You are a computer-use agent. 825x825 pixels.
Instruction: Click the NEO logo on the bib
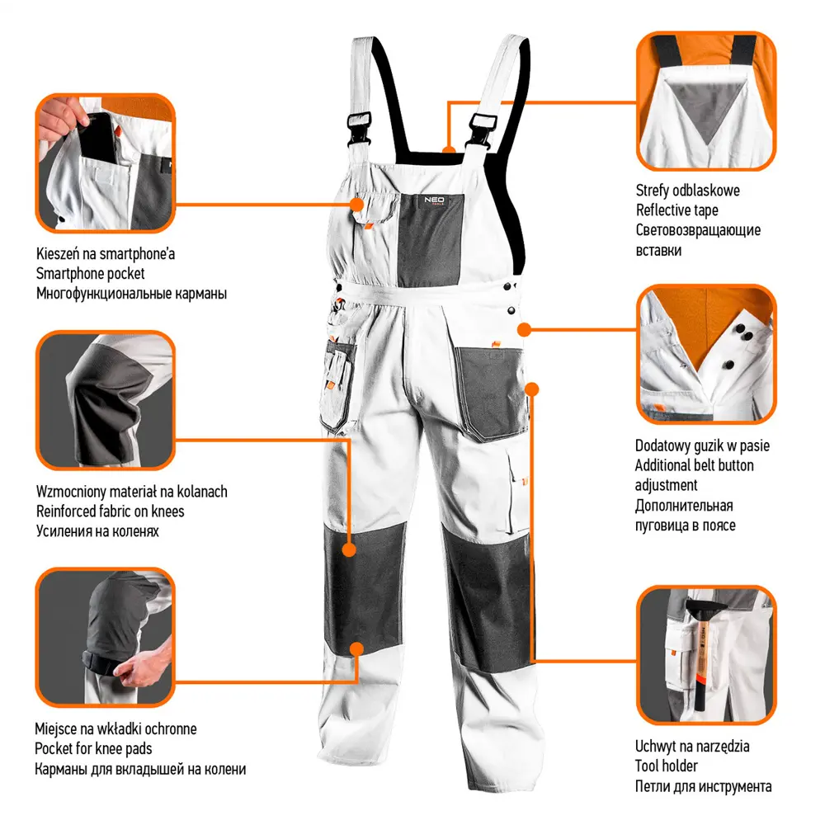[434, 200]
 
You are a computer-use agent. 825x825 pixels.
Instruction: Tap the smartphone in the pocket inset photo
[100, 137]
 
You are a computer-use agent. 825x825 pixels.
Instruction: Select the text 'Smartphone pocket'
[90, 274]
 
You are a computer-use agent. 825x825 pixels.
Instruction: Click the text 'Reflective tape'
[676, 210]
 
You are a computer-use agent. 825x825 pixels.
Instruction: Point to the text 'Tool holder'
[666, 766]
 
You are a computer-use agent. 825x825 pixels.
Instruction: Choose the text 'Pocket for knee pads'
[93, 749]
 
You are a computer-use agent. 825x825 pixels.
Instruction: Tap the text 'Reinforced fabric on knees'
[110, 511]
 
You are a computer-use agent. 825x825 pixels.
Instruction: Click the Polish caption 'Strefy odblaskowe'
[688, 191]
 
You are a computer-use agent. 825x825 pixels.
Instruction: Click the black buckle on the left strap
[360, 129]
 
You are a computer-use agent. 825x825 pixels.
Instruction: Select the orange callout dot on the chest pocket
[357, 204]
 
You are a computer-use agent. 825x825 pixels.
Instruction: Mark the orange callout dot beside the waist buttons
[524, 330]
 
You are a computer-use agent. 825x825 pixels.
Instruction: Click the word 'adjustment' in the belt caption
[666, 485]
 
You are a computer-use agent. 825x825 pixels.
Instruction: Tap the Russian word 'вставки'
[658, 251]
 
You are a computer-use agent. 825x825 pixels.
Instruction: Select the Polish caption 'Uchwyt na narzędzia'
[692, 746]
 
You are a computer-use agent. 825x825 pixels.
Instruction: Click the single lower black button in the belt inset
[729, 364]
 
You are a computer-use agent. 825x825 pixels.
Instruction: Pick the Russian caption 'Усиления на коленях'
[97, 530]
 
